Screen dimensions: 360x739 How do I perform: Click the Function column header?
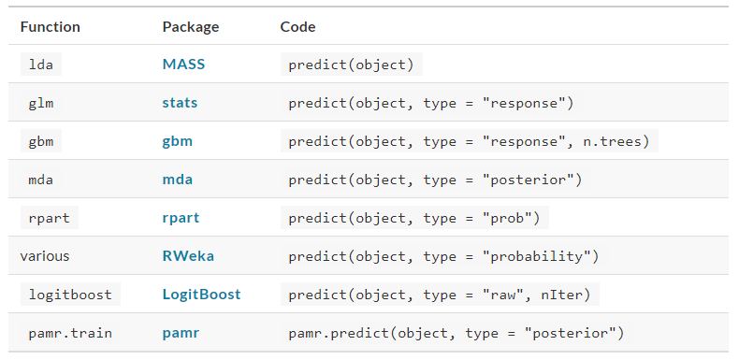pos(51,27)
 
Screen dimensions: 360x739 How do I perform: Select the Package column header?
pos(190,27)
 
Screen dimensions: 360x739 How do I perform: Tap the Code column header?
pos(297,27)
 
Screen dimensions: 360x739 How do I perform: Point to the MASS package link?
pos(183,65)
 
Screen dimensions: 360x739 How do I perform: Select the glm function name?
pos(40,103)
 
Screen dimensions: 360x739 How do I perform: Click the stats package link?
pos(180,103)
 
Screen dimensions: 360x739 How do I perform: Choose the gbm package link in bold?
pos(178,141)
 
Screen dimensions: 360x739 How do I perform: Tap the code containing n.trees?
pos(470,141)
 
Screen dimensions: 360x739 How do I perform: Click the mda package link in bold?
pos(178,179)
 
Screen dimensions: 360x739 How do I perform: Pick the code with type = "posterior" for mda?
pos(435,179)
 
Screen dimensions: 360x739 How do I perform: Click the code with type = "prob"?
pos(414,218)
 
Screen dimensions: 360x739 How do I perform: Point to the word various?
pos(45,255)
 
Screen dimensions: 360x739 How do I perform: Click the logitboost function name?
pos(69,295)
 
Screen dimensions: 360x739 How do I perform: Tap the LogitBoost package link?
pos(201,295)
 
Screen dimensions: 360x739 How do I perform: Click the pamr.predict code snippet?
pos(456,332)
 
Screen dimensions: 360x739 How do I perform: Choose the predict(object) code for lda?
pos(351,65)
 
